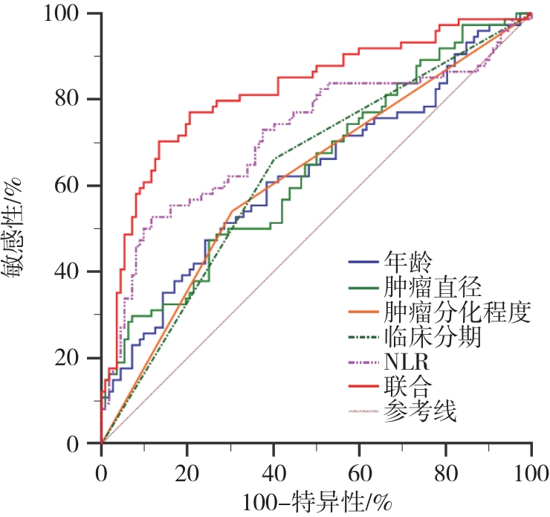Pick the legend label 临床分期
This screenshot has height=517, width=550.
click(x=432, y=336)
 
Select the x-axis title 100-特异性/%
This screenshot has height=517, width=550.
click(x=316, y=498)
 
